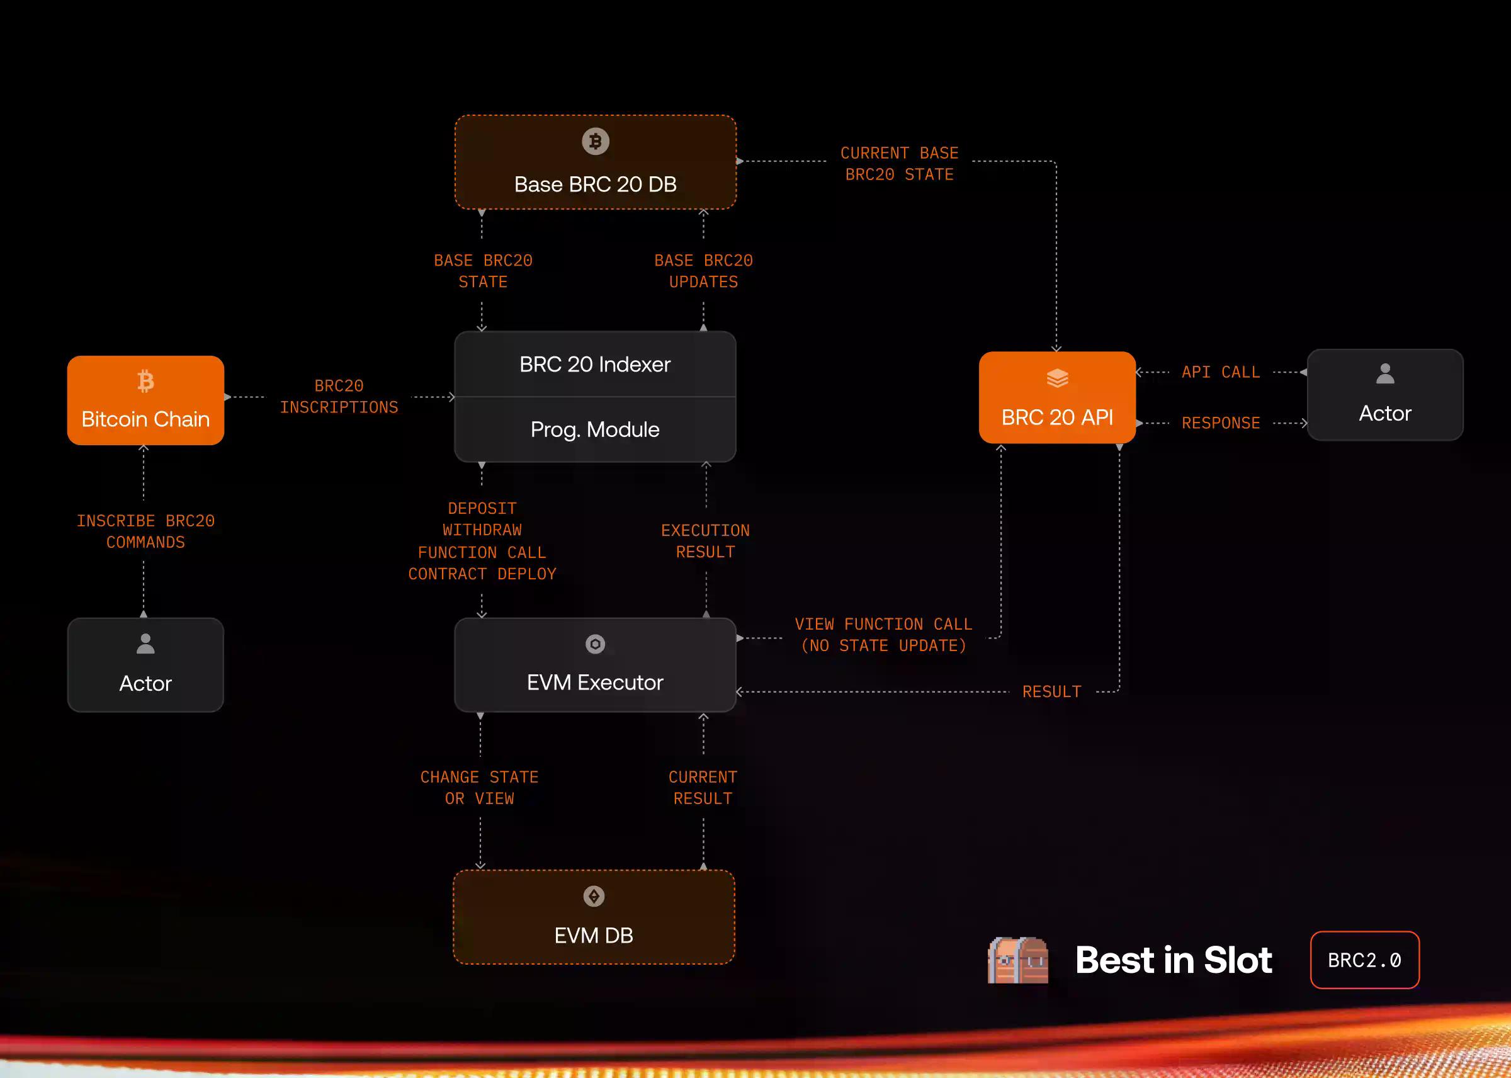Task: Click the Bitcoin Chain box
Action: click(x=145, y=400)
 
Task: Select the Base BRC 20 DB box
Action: click(x=595, y=162)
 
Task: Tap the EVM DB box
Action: click(x=594, y=917)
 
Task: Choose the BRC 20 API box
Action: click(x=1057, y=397)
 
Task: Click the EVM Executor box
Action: click(x=595, y=665)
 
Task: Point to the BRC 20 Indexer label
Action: click(x=595, y=365)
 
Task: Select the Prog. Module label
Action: click(x=595, y=429)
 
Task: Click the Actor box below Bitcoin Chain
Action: click(x=145, y=665)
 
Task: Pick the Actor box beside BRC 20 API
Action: click(x=1385, y=395)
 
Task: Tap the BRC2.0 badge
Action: click(x=1364, y=960)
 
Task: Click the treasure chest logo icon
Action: click(x=1018, y=960)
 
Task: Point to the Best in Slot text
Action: click(x=1174, y=960)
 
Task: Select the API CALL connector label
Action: click(x=1220, y=372)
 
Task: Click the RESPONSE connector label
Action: click(x=1220, y=423)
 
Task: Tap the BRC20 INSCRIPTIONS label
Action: click(x=339, y=397)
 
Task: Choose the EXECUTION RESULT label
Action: click(x=705, y=541)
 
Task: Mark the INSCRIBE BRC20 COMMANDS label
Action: click(x=145, y=531)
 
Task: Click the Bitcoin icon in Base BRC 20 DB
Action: click(x=595, y=142)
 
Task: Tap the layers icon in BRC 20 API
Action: click(x=1057, y=378)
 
